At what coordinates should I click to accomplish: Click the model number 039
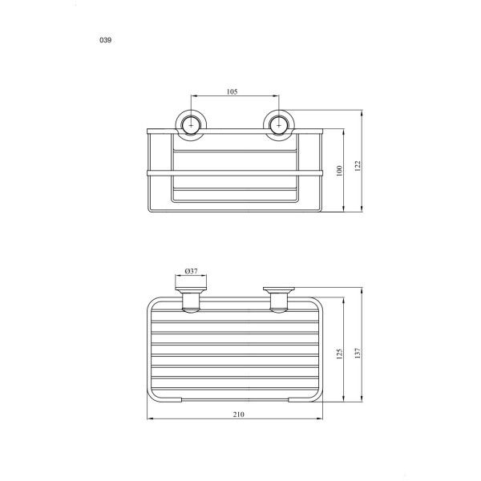pyautogui.click(x=105, y=40)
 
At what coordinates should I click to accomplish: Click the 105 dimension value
pyautogui.click(x=232, y=91)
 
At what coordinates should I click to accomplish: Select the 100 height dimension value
pyautogui.click(x=339, y=171)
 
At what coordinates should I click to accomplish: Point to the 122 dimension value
pyautogui.click(x=358, y=166)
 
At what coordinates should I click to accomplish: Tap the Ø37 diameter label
pyautogui.click(x=191, y=271)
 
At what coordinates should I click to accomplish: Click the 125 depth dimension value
pyautogui.click(x=339, y=354)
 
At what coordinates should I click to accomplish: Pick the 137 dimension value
pyautogui.click(x=358, y=354)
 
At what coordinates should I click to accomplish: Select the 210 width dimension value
pyautogui.click(x=238, y=414)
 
